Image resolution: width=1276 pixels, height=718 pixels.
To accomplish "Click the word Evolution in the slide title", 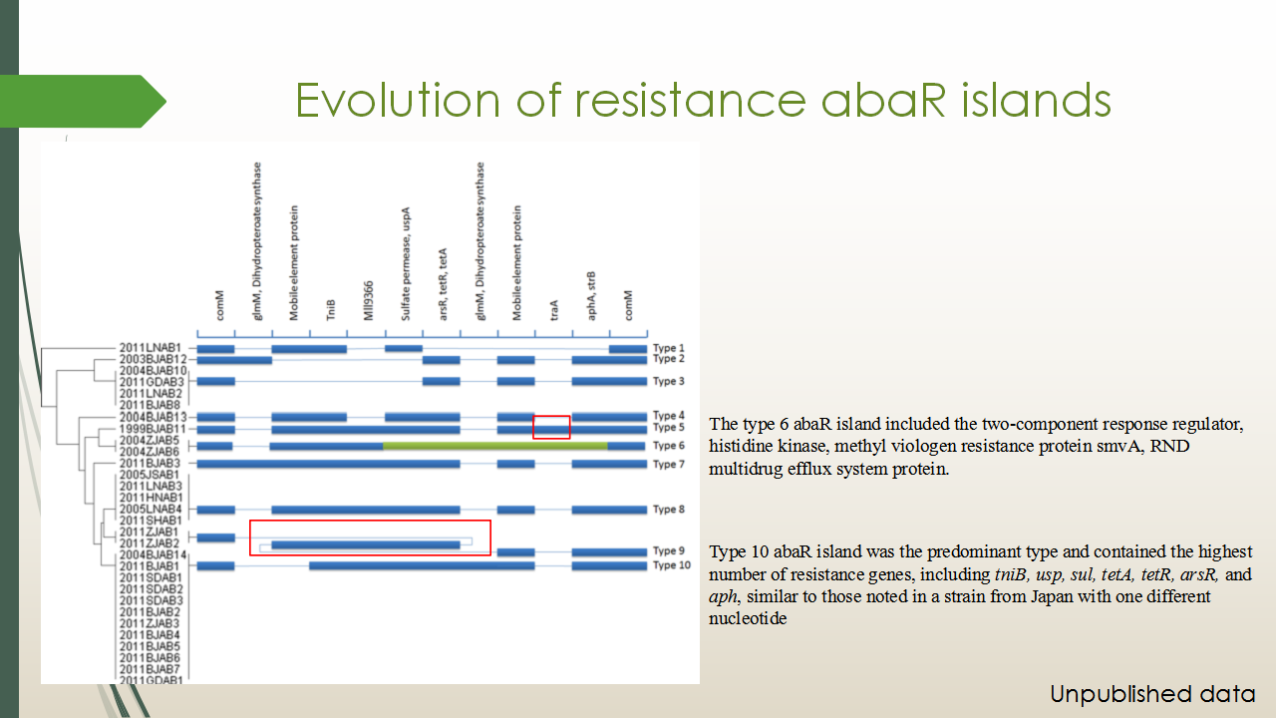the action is pos(398,101).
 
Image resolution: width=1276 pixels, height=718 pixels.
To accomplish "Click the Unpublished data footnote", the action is pos(1152,694).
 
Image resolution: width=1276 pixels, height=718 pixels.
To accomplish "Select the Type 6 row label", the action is pos(669,446).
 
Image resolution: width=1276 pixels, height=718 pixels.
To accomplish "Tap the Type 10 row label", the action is pos(672,565).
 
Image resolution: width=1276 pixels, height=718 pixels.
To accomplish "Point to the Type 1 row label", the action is pos(669,348).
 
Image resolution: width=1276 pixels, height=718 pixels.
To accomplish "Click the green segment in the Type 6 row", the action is pos(495,446).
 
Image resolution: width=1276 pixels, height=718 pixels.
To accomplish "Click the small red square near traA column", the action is pos(551,428).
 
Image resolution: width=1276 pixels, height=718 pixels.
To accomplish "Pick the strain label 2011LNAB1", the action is pos(151,348).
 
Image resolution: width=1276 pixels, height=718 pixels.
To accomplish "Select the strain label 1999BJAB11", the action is pos(153,429).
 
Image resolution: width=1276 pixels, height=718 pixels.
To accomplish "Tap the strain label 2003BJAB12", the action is pos(153,360).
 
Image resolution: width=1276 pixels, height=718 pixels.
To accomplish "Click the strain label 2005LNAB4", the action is pos(151,509).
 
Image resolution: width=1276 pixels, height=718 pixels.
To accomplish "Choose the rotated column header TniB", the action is pos(330,310).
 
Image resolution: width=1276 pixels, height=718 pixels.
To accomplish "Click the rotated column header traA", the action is pos(553,310).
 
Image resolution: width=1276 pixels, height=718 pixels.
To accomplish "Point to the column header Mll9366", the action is pos(368,301).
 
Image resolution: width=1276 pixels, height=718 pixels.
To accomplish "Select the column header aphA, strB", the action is pos(591,296).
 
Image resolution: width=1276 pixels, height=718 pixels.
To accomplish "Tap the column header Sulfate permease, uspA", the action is pos(405,264).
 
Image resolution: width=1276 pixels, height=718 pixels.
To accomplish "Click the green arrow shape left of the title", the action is pos(83,101).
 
